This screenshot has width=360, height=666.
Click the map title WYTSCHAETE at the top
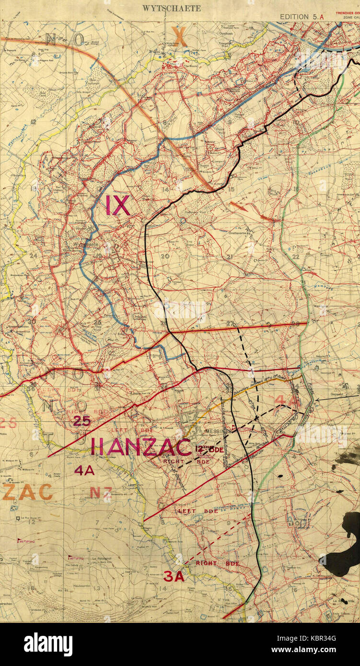click(172, 8)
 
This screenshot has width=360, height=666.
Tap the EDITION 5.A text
click(294, 16)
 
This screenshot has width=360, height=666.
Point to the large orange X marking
click(179, 36)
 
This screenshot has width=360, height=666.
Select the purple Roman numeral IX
click(117, 205)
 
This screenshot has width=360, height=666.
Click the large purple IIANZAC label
click(141, 447)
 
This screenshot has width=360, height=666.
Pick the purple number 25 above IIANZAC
click(82, 421)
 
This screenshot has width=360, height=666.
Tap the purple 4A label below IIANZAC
click(84, 471)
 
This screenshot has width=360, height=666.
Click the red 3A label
click(174, 576)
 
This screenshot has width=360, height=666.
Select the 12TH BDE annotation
click(209, 449)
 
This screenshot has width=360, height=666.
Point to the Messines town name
click(215, 431)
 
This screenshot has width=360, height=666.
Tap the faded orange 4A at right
click(286, 400)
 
